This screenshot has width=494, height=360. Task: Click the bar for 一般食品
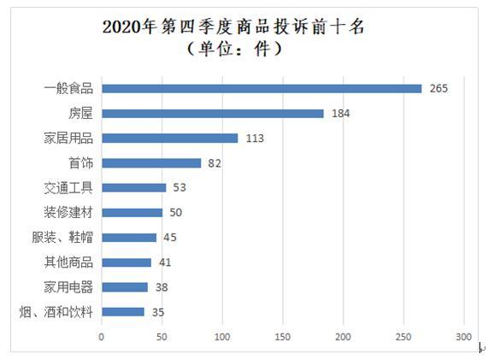click(x=261, y=88)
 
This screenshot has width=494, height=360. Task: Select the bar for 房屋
click(x=212, y=113)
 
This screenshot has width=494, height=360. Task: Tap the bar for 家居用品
click(x=169, y=138)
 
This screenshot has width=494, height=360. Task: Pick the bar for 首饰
click(x=150, y=162)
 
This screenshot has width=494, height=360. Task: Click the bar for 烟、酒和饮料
click(x=122, y=312)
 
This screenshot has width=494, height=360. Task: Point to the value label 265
click(x=438, y=88)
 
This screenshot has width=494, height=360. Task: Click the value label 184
click(x=340, y=113)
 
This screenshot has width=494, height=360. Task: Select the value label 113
click(x=254, y=138)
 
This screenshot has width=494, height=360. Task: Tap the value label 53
click(x=180, y=187)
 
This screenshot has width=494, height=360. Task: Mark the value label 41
click(x=166, y=263)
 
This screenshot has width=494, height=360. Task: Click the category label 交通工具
click(x=68, y=187)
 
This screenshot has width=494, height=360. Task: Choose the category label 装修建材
click(x=68, y=212)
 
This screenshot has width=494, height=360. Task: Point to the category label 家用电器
click(x=68, y=286)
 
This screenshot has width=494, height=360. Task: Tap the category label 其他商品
click(x=68, y=263)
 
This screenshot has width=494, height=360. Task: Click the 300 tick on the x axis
click(x=464, y=337)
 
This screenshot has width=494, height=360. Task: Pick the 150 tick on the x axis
click(x=283, y=337)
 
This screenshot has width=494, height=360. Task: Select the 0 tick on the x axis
click(x=102, y=337)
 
